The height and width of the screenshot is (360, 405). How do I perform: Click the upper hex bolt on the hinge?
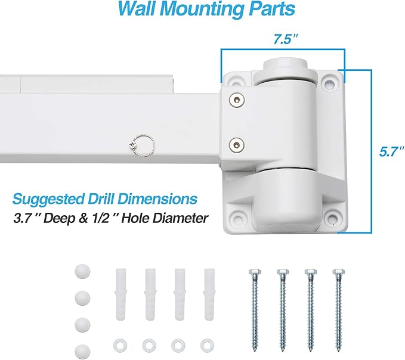[x=238, y=100]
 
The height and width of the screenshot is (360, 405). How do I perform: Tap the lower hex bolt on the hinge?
[x=238, y=144]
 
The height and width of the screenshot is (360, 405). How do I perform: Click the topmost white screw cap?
[x=81, y=271]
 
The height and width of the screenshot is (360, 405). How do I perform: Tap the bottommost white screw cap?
[x=81, y=350]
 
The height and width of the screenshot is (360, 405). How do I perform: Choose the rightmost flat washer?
[x=207, y=345]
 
